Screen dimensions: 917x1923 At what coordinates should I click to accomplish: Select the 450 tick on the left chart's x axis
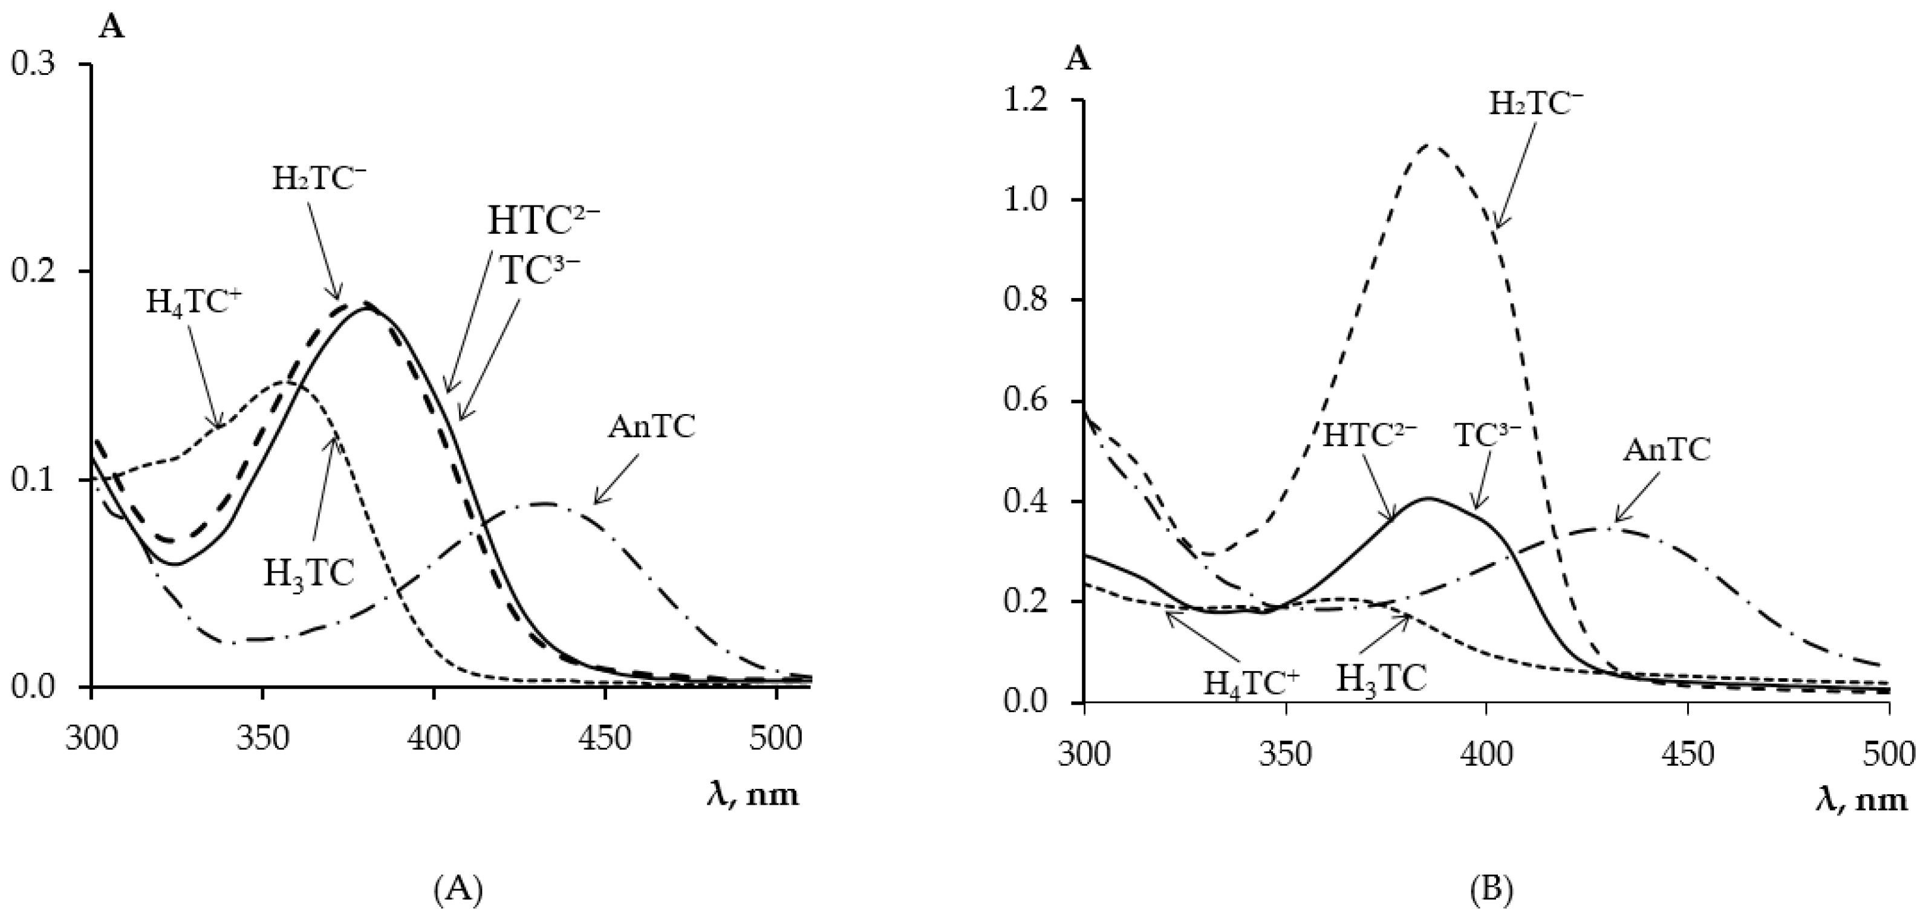click(x=605, y=739)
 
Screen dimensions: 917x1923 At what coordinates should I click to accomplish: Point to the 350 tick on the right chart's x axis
click(x=1286, y=755)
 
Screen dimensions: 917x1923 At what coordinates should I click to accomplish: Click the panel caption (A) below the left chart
click(x=458, y=869)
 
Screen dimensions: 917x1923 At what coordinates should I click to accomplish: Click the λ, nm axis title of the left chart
click(x=752, y=795)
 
